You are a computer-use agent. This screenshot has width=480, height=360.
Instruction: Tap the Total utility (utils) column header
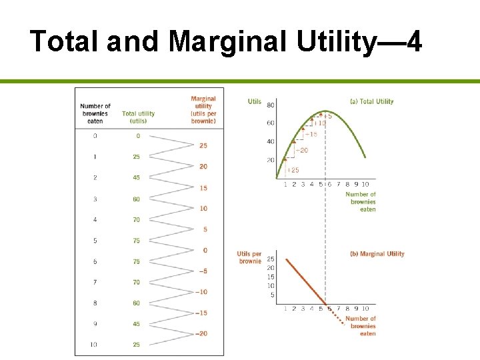point(138,117)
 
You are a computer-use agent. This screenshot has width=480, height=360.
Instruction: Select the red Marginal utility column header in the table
point(203,110)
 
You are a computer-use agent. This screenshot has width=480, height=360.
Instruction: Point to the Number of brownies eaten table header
point(95,113)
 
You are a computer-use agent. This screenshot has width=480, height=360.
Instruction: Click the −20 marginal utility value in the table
point(202,333)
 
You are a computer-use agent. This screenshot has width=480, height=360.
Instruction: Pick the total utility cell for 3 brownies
point(136,199)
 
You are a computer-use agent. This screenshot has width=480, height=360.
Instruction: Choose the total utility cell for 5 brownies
point(136,241)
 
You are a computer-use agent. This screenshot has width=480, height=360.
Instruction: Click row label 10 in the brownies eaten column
point(94,345)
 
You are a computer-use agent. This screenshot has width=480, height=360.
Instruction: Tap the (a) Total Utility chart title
point(371,101)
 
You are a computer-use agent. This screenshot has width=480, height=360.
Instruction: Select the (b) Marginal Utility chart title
point(377,253)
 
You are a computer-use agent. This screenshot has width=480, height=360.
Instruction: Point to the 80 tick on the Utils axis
point(271,105)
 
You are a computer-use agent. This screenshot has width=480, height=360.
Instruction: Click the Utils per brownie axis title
point(250,257)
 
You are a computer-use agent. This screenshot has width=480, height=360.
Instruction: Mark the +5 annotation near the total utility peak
point(327,117)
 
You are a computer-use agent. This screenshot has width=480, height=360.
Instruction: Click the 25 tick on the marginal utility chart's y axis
point(271,259)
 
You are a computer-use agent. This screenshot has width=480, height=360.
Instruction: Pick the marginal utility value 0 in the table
point(205,250)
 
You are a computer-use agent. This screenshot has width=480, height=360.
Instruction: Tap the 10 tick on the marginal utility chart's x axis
point(365,309)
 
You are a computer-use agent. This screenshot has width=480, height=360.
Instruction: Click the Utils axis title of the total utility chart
point(254,101)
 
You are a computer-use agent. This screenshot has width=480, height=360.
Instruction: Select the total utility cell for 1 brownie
point(136,157)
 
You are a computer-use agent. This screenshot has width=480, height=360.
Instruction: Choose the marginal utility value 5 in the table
point(205,229)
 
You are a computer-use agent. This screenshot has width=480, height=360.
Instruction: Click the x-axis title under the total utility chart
point(361,202)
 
